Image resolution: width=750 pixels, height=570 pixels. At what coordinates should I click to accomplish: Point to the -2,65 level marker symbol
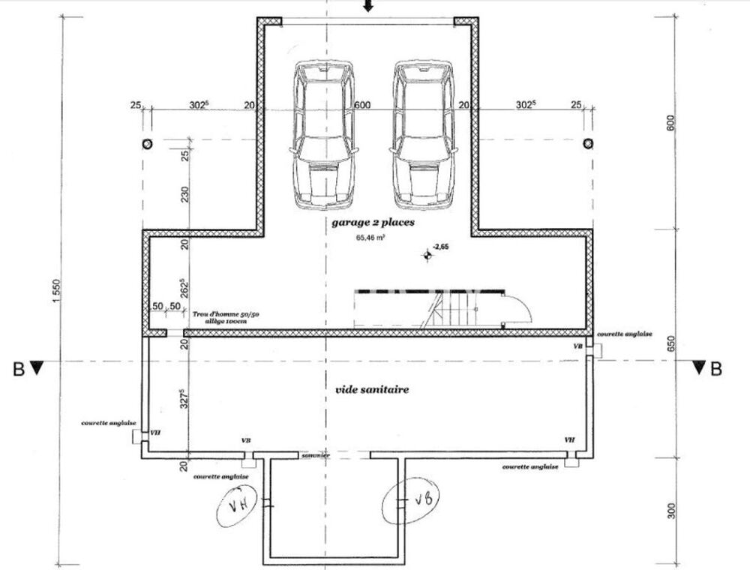(428, 256)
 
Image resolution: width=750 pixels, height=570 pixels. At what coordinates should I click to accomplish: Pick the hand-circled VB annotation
(411, 500)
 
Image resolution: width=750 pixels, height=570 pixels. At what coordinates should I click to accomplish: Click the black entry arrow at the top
(367, 7)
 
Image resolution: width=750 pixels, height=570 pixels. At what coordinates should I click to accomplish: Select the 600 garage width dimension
(362, 106)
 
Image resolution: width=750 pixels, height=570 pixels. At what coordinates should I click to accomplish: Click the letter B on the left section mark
(17, 368)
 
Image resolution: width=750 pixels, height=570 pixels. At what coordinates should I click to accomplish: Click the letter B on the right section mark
(716, 368)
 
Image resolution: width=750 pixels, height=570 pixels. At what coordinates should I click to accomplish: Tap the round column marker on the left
(147, 143)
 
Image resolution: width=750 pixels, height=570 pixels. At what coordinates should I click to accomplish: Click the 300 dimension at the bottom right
(671, 511)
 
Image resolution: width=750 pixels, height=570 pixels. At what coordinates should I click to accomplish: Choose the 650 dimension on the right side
(671, 343)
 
